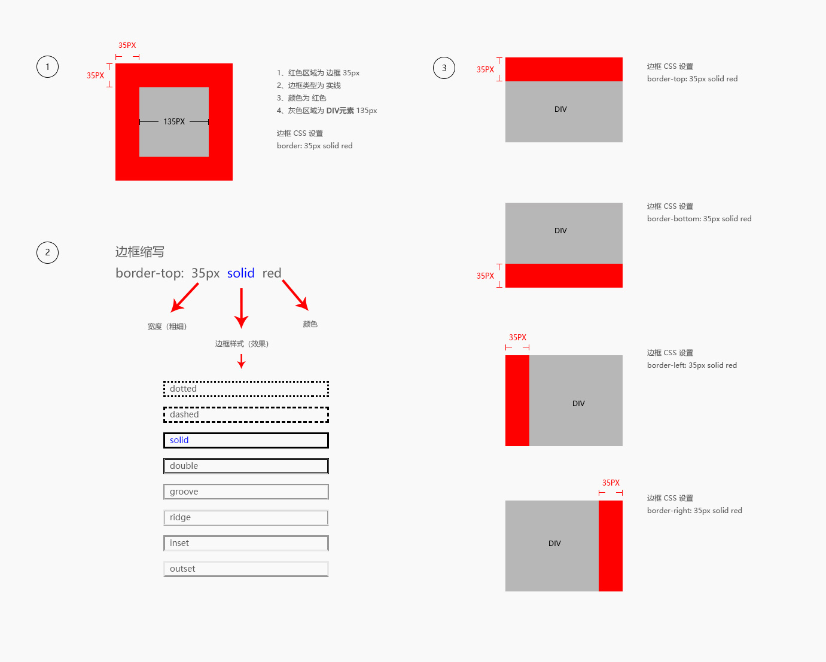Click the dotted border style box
click(246, 382)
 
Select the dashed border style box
click(246, 408)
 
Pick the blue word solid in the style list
click(179, 440)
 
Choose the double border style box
click(246, 459)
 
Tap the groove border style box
click(246, 485)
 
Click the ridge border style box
click(246, 511)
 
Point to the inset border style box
click(246, 536)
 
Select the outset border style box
click(246, 562)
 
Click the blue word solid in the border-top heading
click(240, 273)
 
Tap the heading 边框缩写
click(140, 252)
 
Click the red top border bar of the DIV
click(564, 69)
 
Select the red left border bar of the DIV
click(517, 401)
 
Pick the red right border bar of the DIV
click(611, 546)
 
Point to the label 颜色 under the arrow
click(310, 324)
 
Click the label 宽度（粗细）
click(167, 327)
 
